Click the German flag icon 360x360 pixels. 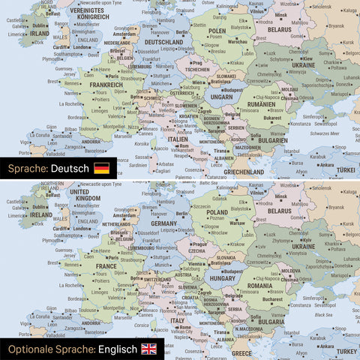(101, 169)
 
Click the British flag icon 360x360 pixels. (149, 349)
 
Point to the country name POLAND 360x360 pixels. (218, 212)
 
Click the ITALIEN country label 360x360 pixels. (178, 139)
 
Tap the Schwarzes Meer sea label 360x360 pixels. (325, 131)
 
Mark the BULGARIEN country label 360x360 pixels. (268, 139)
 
